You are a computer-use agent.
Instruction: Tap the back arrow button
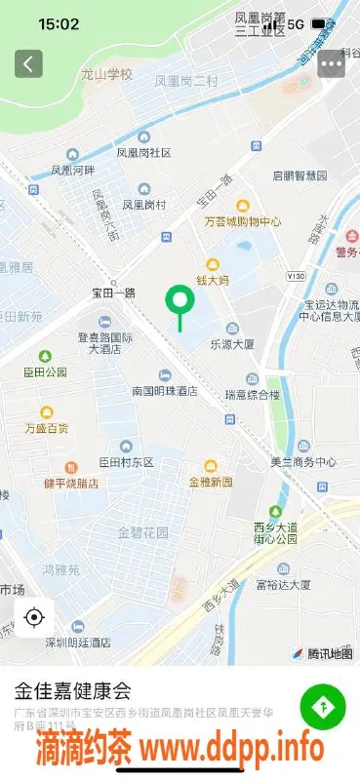point(28,63)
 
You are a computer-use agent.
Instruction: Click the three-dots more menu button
point(331,63)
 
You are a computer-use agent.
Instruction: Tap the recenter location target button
point(34,617)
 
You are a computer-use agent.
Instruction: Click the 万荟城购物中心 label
point(243,221)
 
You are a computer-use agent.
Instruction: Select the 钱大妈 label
point(212,280)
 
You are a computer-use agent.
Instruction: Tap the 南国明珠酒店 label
point(165,390)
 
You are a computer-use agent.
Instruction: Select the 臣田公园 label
point(45,371)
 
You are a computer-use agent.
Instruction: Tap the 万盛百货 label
point(47,427)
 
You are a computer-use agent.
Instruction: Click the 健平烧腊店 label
point(71,482)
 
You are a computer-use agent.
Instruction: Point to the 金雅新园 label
point(211,482)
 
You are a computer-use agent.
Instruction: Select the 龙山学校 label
point(106,74)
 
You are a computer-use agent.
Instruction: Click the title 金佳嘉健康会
point(72,692)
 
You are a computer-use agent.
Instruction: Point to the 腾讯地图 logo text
point(329,653)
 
